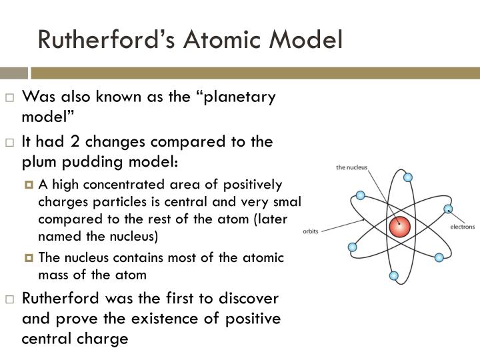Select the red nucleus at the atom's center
click(400, 227)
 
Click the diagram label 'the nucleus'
click(351, 168)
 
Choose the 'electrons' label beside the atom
click(463, 227)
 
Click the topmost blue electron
click(408, 177)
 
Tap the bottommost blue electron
click(393, 275)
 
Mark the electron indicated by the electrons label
click(448, 209)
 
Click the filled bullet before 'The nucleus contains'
click(29, 257)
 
